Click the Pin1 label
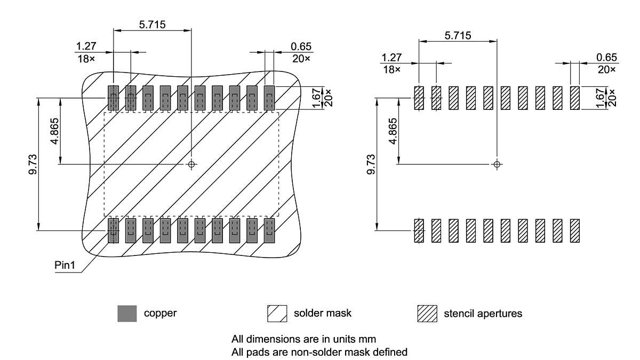[65, 266]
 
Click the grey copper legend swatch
[127, 314]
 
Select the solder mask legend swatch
[277, 314]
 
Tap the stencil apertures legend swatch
[427, 314]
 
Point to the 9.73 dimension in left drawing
[33, 164]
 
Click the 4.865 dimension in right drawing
[394, 131]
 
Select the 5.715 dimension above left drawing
[153, 25]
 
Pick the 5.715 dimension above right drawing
[458, 36]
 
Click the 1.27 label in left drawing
[86, 46]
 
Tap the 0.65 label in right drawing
[606, 58]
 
